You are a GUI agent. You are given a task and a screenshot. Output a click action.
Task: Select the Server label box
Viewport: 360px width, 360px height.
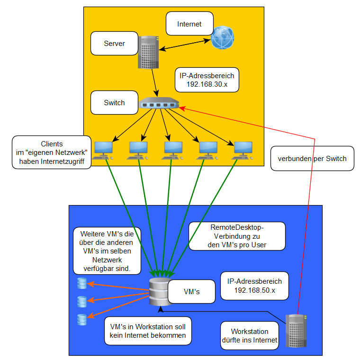pos(114,44)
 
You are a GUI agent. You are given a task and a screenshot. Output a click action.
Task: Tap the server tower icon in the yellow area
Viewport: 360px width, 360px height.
pos(148,52)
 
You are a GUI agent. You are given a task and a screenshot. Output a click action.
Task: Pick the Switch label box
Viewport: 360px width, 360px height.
pos(114,103)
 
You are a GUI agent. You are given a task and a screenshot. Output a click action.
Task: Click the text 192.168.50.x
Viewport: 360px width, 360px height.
pos(254,290)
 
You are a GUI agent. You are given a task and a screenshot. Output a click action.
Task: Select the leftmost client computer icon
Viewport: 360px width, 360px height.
pos(103,150)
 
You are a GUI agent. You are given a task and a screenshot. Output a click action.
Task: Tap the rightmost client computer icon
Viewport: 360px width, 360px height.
pos(243,150)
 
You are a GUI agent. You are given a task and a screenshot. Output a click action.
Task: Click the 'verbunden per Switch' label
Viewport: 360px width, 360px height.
pos(312,159)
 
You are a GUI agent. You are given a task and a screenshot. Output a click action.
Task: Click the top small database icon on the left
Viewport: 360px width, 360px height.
pos(82,283)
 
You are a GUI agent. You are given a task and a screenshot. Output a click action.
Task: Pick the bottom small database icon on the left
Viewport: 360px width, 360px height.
pos(82,320)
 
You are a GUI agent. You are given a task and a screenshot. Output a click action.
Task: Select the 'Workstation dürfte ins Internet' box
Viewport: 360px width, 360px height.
pos(250,335)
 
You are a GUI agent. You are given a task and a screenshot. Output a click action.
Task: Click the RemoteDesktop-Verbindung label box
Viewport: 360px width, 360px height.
pos(237,236)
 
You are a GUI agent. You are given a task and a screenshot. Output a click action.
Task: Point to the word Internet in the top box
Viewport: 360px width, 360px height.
pos(189,24)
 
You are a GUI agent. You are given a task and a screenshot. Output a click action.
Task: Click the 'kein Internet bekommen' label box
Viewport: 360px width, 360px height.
pos(148,331)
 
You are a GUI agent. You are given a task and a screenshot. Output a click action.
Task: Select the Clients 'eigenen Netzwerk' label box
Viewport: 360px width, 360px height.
pos(52,153)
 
